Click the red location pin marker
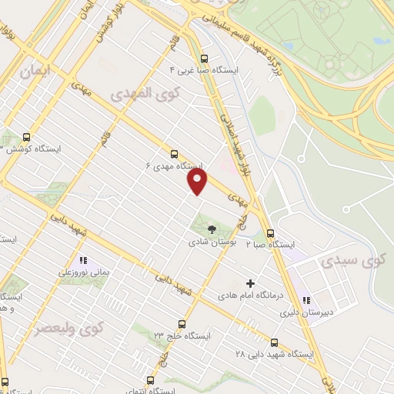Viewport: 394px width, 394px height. click(x=198, y=182)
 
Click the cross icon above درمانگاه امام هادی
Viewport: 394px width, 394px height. click(x=250, y=282)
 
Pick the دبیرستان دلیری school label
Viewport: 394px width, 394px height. click(x=298, y=312)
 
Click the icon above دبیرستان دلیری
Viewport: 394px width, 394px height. click(x=307, y=300)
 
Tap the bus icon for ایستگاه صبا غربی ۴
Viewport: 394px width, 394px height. click(x=203, y=58)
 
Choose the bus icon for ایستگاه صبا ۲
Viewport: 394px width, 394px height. click(x=270, y=233)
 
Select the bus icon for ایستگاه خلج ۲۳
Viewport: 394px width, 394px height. click(x=182, y=323)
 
